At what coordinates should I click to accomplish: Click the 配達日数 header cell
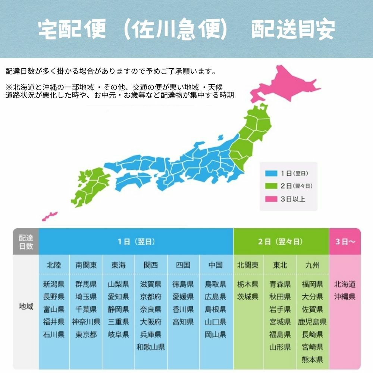tap(26, 242)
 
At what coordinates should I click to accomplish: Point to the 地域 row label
tap(26, 307)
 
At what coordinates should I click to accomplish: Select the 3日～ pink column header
tap(345, 242)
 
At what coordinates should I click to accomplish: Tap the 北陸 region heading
tap(54, 265)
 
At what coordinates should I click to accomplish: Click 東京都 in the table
tap(86, 335)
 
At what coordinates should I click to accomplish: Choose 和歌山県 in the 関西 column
tap(151, 347)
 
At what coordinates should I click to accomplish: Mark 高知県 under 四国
tap(183, 322)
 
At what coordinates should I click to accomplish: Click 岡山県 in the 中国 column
tap(215, 335)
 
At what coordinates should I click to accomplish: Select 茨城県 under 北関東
tap(248, 297)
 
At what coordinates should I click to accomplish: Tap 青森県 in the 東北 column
tap(280, 284)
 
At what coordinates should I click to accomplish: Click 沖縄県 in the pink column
tap(345, 297)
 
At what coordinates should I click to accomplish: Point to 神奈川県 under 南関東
tap(86, 322)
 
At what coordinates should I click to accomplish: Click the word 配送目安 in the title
tap(293, 30)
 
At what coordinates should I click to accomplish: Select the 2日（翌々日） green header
tap(281, 242)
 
